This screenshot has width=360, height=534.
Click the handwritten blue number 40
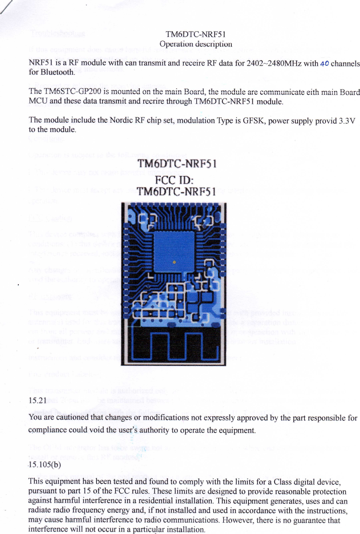(x=324, y=63)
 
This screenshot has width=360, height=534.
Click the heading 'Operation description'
(x=196, y=44)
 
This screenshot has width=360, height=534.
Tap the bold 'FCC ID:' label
(x=174, y=180)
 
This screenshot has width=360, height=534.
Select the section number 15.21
(x=37, y=400)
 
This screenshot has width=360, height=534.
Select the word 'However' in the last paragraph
(x=237, y=520)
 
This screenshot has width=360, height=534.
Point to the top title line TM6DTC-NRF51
(x=196, y=34)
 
